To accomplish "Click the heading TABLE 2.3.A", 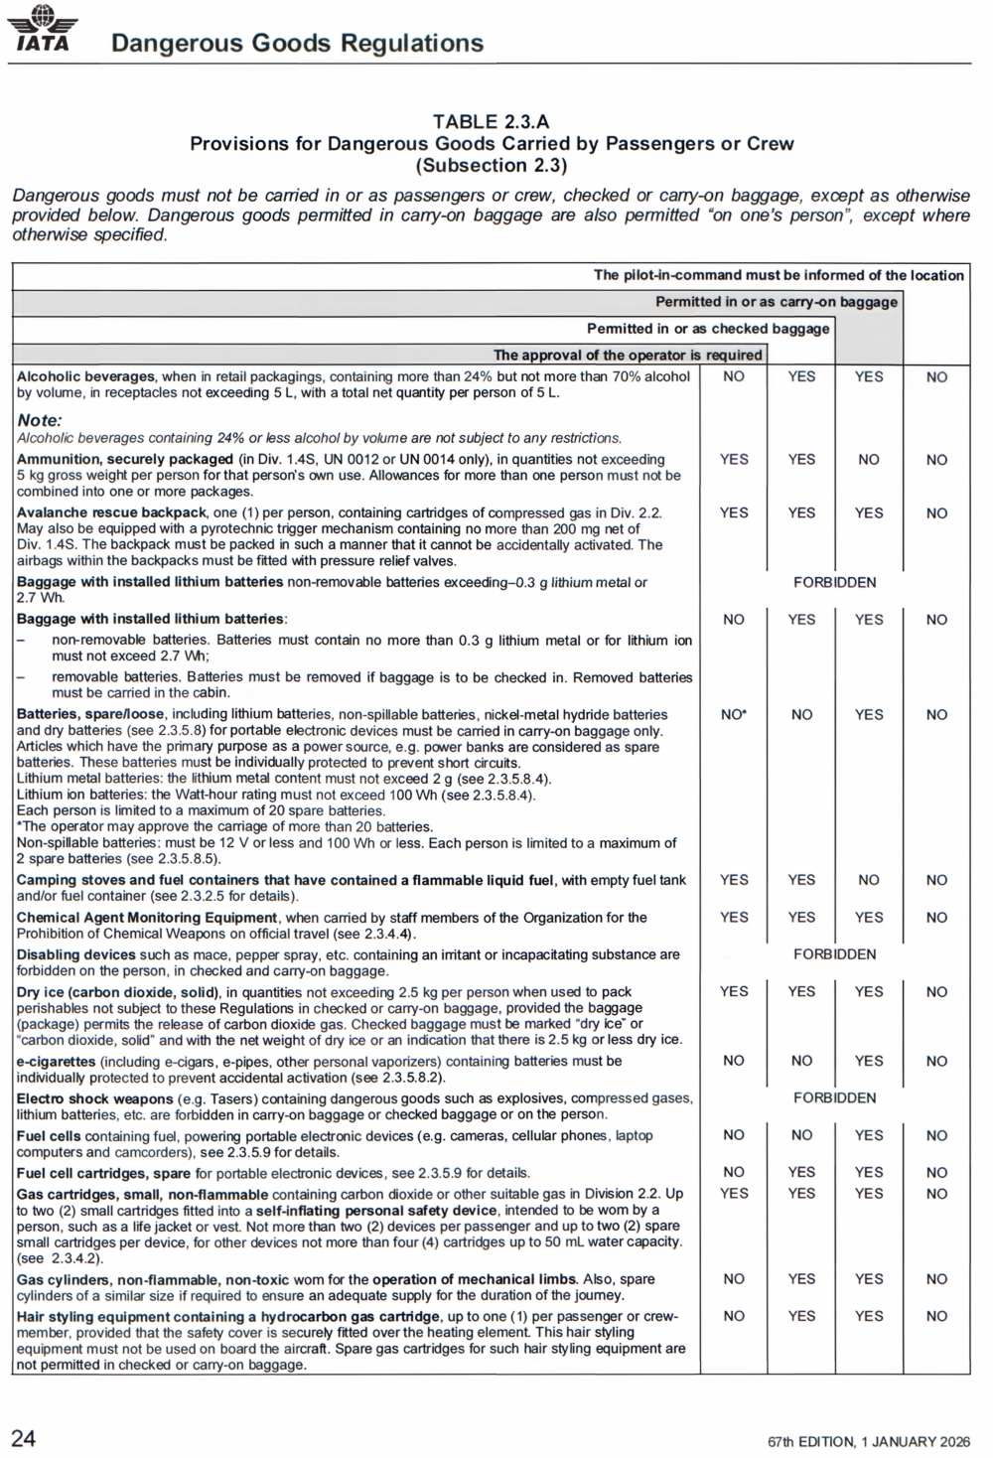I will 492,121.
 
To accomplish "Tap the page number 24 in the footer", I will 24,1437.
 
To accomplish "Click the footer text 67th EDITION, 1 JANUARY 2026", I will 869,1441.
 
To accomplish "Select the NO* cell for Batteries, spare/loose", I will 734,714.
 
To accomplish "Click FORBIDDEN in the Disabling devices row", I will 834,954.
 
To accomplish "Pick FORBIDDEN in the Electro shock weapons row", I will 834,1097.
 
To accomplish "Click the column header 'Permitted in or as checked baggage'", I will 708,329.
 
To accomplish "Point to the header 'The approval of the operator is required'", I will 628,355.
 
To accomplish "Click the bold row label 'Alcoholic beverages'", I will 85,376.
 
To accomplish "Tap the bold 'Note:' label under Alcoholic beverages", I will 40,420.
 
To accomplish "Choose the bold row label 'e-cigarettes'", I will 56,1061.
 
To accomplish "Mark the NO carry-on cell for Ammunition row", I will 869,460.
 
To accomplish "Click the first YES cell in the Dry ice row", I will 734,991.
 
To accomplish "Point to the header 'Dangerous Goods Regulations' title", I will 297,43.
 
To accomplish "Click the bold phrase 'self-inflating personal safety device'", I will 376,1210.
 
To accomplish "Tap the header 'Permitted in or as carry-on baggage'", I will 776,302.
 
